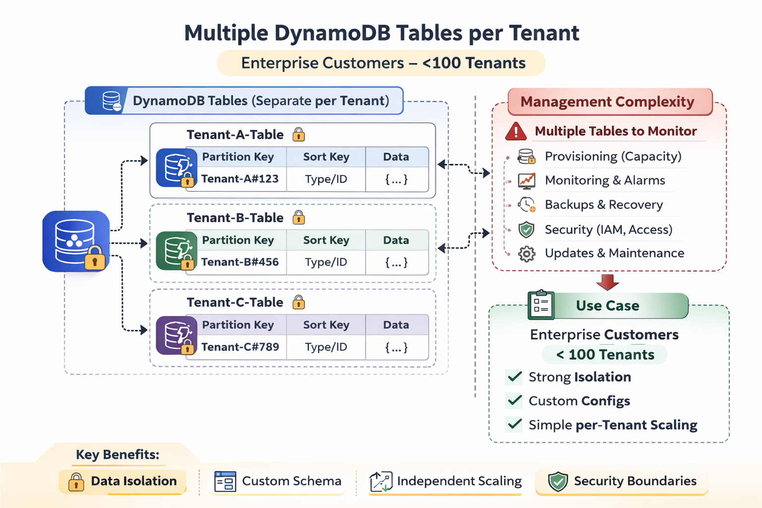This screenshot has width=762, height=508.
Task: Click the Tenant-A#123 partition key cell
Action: pos(240,179)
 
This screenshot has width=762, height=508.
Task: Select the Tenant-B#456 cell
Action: pos(240,262)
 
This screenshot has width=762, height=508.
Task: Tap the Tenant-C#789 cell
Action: pos(240,347)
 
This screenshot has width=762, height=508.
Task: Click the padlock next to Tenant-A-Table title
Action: pos(299,134)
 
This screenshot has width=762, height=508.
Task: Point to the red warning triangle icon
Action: pos(516,131)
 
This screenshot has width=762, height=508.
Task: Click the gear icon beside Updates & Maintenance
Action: pos(526,254)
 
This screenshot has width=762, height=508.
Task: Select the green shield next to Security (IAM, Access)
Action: pos(526,230)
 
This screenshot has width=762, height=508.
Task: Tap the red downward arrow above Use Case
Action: pos(607,282)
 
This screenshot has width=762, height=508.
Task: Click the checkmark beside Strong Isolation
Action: pos(514,377)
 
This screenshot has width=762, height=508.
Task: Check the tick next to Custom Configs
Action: pos(514,400)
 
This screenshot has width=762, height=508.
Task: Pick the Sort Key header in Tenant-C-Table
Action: pos(326,325)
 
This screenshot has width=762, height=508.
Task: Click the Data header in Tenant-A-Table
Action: pos(396,157)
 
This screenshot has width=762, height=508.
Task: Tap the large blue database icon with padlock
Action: pos(76,242)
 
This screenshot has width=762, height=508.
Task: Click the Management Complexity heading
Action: pos(607,102)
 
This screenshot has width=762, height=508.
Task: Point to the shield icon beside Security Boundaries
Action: pos(558,482)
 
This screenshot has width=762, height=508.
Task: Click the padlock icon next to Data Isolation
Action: pos(76,482)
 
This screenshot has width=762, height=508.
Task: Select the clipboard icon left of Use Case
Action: pos(541,305)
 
